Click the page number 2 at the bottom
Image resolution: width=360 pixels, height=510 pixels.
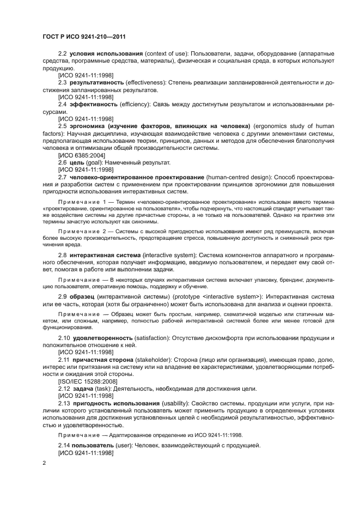pos(44,462)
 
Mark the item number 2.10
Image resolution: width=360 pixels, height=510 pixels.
pos(65,338)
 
